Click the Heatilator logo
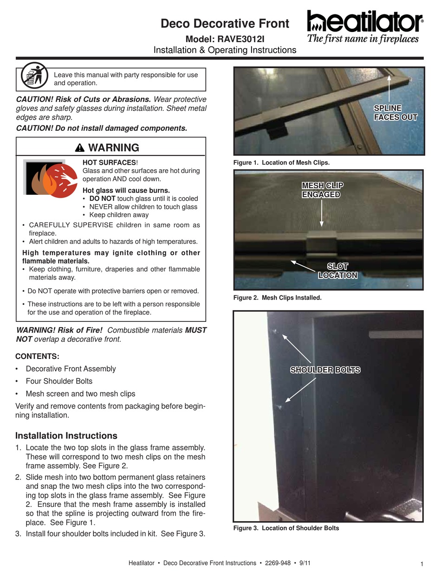click(364, 22)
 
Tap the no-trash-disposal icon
click(34, 76)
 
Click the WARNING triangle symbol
click(79, 148)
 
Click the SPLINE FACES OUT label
click(396, 113)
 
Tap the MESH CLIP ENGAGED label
click(322, 190)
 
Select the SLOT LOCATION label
click(337, 270)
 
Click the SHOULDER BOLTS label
click(325, 370)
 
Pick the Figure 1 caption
click(281, 162)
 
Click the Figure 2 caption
click(277, 298)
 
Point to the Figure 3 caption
click(286, 528)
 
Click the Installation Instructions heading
click(66, 435)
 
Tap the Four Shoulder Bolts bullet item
click(59, 381)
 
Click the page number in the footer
click(422, 564)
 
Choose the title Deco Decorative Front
click(225, 24)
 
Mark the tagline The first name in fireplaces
click(363, 39)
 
